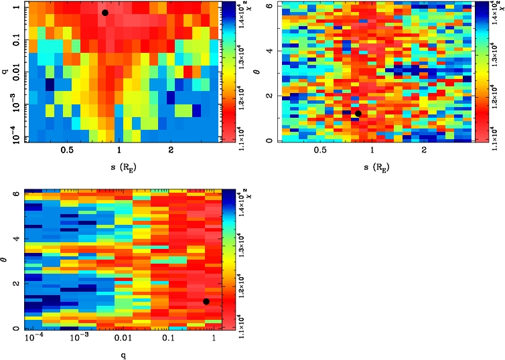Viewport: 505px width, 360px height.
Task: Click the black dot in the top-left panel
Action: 105,13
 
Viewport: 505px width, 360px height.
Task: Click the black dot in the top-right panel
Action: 358,114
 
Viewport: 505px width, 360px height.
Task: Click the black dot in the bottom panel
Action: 206,301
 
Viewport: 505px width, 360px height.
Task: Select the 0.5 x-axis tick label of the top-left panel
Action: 67,151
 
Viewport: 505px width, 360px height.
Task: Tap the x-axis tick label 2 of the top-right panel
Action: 425,151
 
